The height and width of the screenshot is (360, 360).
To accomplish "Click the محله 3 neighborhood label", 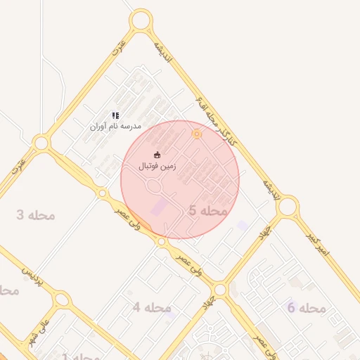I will (x=35, y=214).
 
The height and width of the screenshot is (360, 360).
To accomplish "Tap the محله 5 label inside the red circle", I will (x=208, y=210).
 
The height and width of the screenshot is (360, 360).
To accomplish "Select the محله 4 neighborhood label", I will (x=152, y=307).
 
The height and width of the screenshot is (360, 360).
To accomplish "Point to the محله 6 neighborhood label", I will (x=307, y=308).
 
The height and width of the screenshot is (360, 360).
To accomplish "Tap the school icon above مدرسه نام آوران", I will (x=115, y=115).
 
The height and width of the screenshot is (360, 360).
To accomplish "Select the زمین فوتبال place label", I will (x=157, y=167).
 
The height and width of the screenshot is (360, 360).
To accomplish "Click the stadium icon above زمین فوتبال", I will (x=157, y=155).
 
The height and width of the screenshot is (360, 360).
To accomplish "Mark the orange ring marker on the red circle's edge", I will (x=197, y=134).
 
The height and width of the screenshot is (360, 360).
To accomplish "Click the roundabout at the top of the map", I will (x=141, y=20).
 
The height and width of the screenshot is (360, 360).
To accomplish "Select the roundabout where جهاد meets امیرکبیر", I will (x=287, y=207).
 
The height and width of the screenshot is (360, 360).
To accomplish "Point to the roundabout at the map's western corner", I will (x=41, y=143).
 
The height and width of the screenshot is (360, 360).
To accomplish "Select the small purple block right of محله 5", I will (x=243, y=225).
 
